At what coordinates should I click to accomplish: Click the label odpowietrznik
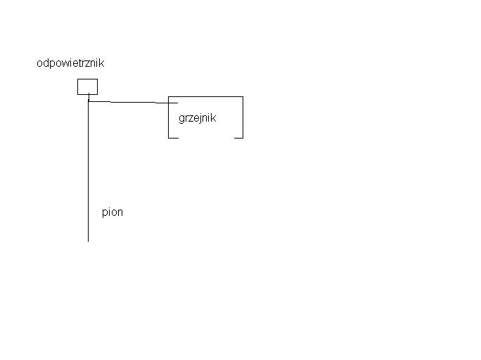click(70, 63)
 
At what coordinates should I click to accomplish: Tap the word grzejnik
click(197, 118)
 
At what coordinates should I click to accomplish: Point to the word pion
click(113, 212)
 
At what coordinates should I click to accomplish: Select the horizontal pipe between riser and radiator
click(133, 102)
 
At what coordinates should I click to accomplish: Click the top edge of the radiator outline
click(205, 96)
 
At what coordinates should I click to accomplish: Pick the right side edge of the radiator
click(243, 117)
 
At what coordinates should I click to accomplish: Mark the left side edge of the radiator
click(168, 117)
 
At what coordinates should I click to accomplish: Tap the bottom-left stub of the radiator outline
click(173, 138)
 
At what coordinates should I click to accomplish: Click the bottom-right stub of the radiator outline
click(238, 138)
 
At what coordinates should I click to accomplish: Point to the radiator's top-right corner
click(243, 97)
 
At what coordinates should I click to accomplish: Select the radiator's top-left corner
click(168, 97)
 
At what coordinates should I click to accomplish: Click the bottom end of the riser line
click(89, 242)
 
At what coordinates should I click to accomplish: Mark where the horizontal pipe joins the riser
click(89, 101)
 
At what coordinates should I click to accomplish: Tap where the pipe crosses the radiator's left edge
click(168, 103)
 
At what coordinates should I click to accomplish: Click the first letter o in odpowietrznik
click(39, 63)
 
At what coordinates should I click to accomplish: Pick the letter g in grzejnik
click(181, 119)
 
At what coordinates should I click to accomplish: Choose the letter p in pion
click(104, 213)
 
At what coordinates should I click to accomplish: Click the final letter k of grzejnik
click(214, 117)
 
